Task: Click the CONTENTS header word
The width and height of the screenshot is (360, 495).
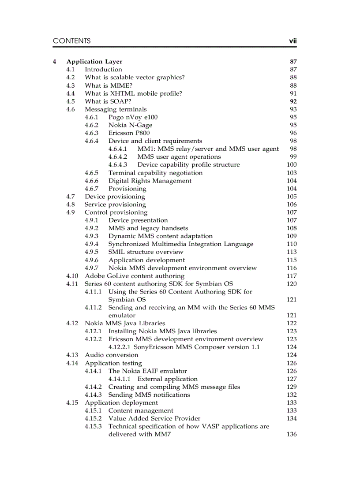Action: click(x=71, y=41)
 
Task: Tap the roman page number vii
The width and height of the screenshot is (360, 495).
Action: click(x=292, y=41)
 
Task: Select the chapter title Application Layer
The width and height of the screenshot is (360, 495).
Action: click(x=94, y=62)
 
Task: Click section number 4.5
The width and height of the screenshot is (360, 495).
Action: click(x=71, y=101)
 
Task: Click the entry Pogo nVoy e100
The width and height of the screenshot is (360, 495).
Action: click(x=133, y=117)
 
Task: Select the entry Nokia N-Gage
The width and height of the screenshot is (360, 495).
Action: click(x=130, y=125)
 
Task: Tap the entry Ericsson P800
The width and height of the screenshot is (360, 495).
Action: click(x=129, y=133)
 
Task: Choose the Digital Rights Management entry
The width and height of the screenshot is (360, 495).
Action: click(x=150, y=181)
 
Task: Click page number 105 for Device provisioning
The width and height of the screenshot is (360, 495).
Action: click(x=292, y=197)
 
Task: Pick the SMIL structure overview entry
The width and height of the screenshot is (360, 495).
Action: click(x=146, y=252)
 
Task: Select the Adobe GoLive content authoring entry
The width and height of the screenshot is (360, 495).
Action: click(x=135, y=276)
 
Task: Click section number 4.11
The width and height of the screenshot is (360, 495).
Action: click(x=72, y=284)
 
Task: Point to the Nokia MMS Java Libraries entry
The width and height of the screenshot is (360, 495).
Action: click(x=125, y=324)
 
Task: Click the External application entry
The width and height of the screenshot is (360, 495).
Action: click(x=168, y=379)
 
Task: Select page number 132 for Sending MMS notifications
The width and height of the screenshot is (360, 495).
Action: click(x=292, y=395)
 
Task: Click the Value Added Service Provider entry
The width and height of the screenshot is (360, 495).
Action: click(x=154, y=419)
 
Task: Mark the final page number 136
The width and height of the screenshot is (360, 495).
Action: click(x=292, y=435)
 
